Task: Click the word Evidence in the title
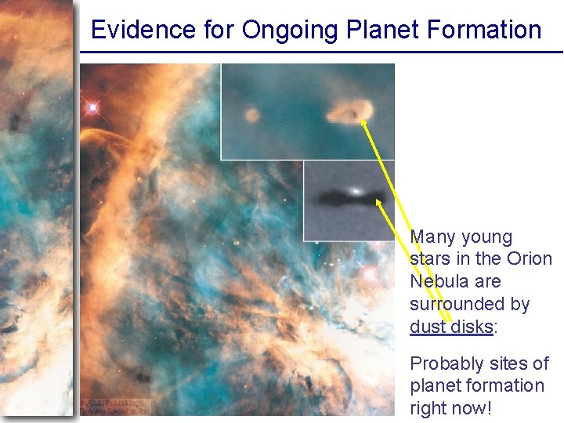click(132, 31)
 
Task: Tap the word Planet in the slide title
click(378, 31)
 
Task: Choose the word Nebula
click(438, 281)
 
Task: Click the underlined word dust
click(428, 326)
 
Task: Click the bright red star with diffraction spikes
click(93, 107)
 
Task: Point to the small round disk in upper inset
click(251, 116)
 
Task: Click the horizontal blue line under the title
click(321, 52)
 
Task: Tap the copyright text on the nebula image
click(115, 404)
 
